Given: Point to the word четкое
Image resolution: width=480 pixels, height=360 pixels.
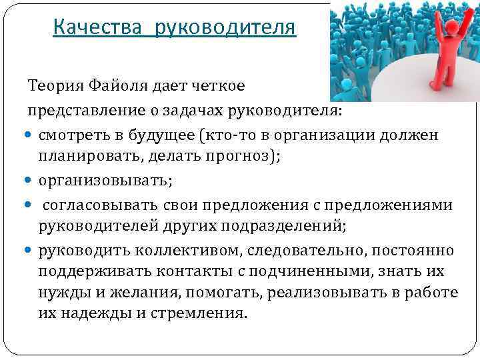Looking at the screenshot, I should point(218,85).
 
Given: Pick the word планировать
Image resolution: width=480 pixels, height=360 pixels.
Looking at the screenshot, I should point(82,157).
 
